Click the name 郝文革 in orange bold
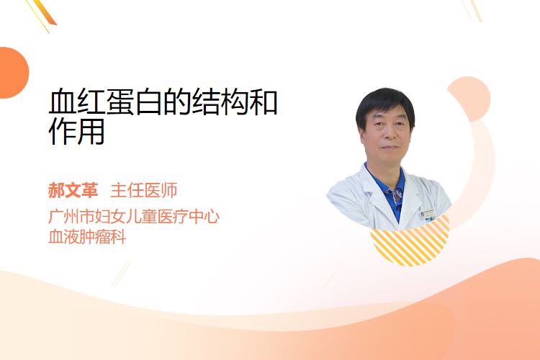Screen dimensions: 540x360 click(73, 190)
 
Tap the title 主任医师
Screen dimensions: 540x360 click(144, 190)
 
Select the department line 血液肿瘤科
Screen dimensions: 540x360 click(87, 237)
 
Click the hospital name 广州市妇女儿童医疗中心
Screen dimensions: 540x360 click(134, 216)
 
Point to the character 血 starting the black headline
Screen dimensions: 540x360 click(63, 102)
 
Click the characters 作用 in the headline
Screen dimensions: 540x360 click(76, 131)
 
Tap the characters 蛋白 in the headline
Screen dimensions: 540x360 click(134, 102)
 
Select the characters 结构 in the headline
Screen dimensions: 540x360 click(220, 102)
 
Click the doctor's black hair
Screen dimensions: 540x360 click(385, 104)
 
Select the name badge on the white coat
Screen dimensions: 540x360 click(428, 214)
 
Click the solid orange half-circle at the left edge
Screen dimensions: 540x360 click(13, 73)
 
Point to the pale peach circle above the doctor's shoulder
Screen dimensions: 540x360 click(470, 98)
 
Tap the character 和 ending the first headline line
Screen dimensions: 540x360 click(264, 102)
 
